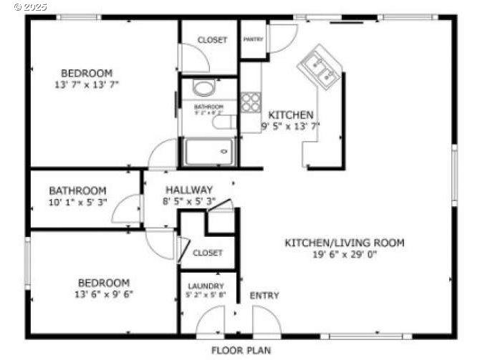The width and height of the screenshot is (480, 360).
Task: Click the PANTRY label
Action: [253, 39]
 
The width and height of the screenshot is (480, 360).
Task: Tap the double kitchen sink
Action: [320, 68]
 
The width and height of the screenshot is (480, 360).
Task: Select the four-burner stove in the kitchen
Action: [251, 102]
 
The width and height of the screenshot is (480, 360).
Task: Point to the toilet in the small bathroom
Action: [203, 89]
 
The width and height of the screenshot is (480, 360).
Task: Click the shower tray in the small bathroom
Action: [208, 152]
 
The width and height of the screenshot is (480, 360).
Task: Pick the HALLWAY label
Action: [189, 190]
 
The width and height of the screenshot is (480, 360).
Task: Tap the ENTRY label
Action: [264, 296]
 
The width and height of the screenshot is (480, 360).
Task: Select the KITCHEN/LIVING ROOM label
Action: [344, 243]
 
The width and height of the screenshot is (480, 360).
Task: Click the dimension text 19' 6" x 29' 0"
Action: [344, 254]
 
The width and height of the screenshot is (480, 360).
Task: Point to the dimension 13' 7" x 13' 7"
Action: [86, 84]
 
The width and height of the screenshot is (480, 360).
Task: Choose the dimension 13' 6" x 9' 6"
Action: [104, 293]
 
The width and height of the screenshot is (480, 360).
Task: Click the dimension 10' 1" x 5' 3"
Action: [77, 203]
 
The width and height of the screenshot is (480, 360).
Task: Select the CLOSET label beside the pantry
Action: [212, 39]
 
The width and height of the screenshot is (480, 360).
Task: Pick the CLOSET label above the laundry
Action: [207, 253]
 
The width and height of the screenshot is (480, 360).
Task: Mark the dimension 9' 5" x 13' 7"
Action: [290, 126]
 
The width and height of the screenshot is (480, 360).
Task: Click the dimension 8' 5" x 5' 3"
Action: [189, 201]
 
